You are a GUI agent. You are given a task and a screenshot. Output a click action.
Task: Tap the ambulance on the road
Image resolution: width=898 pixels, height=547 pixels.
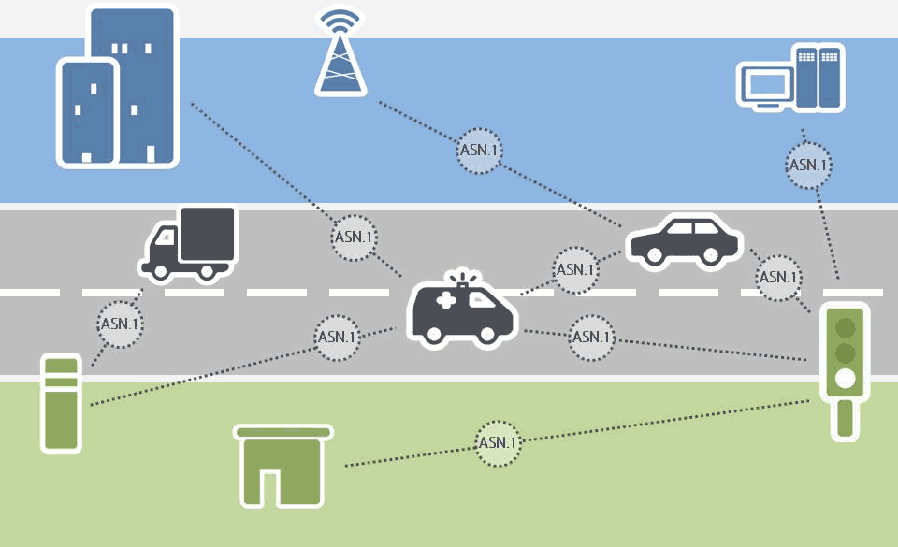coord(462,313)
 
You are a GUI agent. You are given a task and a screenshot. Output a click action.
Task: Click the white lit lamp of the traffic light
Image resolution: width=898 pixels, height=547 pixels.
coord(846,379)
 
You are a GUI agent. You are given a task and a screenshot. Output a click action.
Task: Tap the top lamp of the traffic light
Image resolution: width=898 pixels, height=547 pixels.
coord(846,327)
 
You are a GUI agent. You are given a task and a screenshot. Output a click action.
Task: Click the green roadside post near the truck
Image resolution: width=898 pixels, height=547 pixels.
coord(61,402)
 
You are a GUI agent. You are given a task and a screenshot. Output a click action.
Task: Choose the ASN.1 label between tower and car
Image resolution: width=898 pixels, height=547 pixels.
coord(480,150)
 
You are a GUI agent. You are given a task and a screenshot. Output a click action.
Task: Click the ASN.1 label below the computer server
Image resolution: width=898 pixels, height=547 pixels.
coord(807,166)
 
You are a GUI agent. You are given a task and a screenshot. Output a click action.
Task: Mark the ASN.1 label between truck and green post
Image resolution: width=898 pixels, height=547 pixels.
coord(121,324)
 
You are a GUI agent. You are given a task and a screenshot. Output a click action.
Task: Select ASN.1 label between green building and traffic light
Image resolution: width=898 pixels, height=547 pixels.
coord(497,442)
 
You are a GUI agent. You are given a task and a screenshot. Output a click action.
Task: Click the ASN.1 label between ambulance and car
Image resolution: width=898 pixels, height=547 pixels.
coord(575,269)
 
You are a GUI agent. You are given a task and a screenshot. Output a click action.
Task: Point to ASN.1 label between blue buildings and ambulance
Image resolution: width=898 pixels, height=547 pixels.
coord(355,238)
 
